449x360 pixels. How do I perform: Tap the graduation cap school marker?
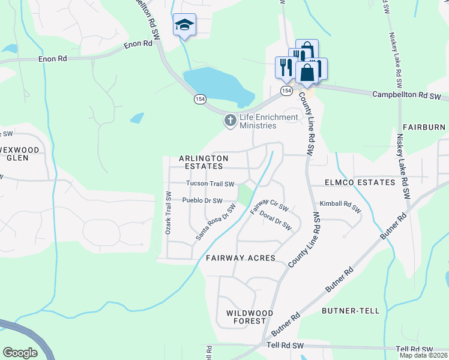pos(184,25)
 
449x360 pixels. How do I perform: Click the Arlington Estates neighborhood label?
pos(203,162)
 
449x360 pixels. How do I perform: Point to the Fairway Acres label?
pos(240,258)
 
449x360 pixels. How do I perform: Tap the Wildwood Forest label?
pos(250,317)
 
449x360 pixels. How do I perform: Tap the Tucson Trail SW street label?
pos(209,184)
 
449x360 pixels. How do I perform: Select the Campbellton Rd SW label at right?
pos(406,95)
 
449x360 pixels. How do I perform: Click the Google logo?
pos(20,352)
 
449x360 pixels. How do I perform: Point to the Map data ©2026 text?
pos(424,355)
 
